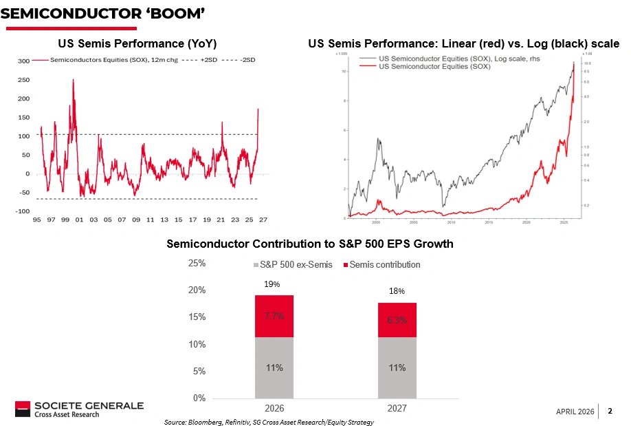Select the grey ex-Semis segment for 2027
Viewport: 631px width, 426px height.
pyautogui.click(x=397, y=368)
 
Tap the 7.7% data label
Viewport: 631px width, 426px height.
pyautogui.click(x=274, y=316)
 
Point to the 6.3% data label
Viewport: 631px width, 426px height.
pyautogui.click(x=397, y=320)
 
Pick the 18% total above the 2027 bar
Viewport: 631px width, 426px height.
pyautogui.click(x=397, y=292)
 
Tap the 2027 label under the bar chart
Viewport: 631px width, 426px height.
pyautogui.click(x=397, y=408)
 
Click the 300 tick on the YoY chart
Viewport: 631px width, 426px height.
pyautogui.click(x=24, y=61)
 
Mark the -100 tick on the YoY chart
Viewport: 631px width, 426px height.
pyautogui.click(x=23, y=211)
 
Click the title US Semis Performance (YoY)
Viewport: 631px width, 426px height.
pyautogui.click(x=137, y=44)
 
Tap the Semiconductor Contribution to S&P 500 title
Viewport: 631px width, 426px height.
pyautogui.click(x=310, y=244)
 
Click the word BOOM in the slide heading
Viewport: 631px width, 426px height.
pyautogui.click(x=175, y=14)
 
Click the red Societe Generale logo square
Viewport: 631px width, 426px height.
pyautogui.click(x=23, y=409)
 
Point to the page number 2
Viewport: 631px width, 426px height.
pyautogui.click(x=610, y=411)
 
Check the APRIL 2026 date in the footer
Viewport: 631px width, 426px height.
pyautogui.click(x=575, y=412)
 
